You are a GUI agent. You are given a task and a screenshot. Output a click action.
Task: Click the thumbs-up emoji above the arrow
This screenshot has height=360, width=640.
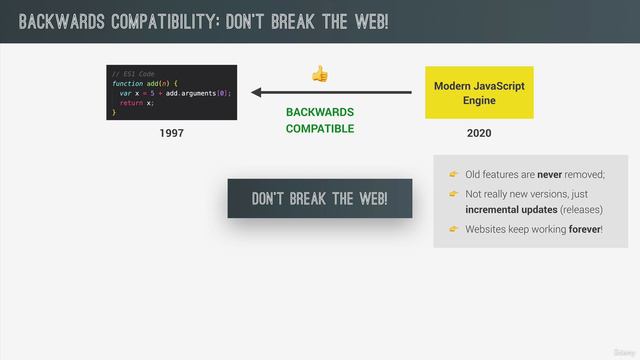[320, 74]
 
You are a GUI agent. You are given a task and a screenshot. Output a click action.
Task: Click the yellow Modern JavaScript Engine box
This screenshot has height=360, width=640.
[479, 94]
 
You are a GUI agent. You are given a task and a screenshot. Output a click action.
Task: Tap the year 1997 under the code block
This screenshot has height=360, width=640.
[172, 133]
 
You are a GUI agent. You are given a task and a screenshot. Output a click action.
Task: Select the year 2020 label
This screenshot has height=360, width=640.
[479, 133]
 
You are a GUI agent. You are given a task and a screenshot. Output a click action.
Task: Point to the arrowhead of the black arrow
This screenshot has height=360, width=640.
[257, 93]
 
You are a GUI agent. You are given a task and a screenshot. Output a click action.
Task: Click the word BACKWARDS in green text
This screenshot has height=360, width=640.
[320, 112]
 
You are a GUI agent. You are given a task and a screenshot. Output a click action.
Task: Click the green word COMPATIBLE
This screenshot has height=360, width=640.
[320, 128]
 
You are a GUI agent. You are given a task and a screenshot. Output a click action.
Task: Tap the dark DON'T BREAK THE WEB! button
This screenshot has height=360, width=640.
[319, 198]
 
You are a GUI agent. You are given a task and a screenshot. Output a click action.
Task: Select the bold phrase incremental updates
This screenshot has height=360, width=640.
[510, 211]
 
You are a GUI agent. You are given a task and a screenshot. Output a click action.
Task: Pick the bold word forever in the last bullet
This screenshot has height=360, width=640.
[582, 229]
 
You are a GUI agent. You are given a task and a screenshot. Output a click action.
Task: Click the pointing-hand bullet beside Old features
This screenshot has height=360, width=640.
[453, 174]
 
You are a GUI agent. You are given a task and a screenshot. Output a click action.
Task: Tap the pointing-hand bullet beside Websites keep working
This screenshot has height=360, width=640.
[453, 229]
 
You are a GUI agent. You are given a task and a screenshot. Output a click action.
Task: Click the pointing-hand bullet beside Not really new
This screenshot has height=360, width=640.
[453, 193]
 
